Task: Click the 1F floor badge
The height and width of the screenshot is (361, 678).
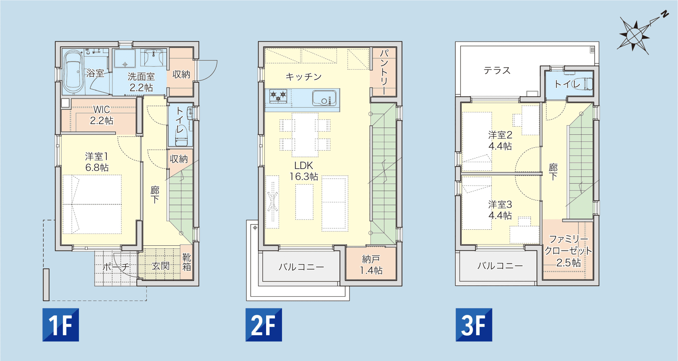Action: point(61,325)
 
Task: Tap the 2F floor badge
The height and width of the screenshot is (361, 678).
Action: point(264,325)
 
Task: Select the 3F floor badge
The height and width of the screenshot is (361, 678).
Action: point(474,325)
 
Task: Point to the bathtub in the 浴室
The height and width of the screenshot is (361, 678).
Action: point(73,72)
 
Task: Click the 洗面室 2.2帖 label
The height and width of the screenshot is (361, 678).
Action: point(141,82)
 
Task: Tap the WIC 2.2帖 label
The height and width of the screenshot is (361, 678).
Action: point(102,115)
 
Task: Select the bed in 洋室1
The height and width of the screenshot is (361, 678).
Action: point(92,204)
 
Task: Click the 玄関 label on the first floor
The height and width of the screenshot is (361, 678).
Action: point(160,266)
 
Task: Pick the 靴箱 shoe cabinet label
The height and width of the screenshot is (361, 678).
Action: point(187,262)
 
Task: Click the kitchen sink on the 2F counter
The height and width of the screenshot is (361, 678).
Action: point(324,98)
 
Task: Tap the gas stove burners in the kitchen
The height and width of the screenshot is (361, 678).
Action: point(278,96)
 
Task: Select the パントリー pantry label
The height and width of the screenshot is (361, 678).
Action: point(384,72)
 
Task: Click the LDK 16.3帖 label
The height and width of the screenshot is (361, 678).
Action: point(304,171)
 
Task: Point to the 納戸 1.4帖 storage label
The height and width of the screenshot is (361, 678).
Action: point(371,265)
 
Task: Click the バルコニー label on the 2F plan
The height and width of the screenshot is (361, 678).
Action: point(301,267)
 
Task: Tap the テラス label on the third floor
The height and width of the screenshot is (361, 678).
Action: point(497,70)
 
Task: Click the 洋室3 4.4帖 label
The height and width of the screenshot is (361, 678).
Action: point(500,210)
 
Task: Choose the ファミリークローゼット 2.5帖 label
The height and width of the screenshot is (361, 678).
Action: point(568,251)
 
